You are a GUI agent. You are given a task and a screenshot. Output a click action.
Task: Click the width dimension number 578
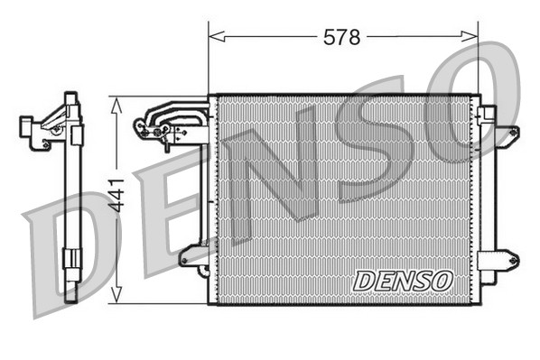(x=342, y=37)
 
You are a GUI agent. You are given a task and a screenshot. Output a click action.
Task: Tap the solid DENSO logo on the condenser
(x=402, y=281)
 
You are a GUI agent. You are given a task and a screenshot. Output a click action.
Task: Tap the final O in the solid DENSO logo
(x=441, y=281)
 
